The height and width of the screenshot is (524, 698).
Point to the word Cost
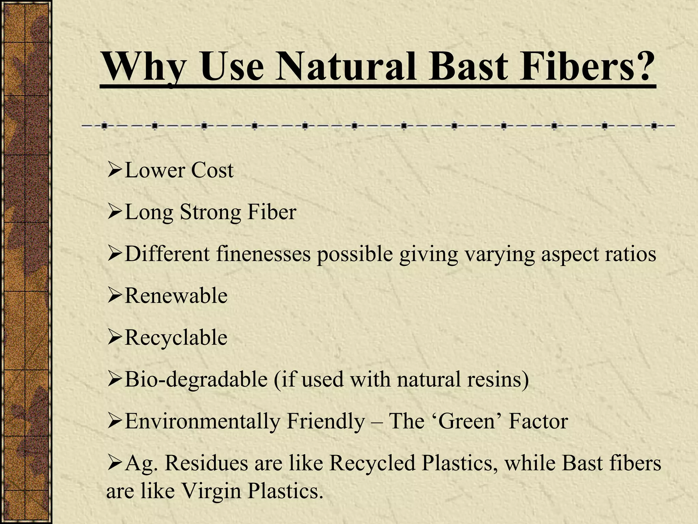point(212,170)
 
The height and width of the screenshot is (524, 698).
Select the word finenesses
point(263,254)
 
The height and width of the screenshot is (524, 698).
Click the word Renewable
point(176,296)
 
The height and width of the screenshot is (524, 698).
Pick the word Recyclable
point(176,338)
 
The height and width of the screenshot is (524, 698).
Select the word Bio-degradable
point(196,379)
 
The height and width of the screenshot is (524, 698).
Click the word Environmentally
point(202,421)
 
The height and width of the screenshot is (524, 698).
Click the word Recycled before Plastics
point(372,463)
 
